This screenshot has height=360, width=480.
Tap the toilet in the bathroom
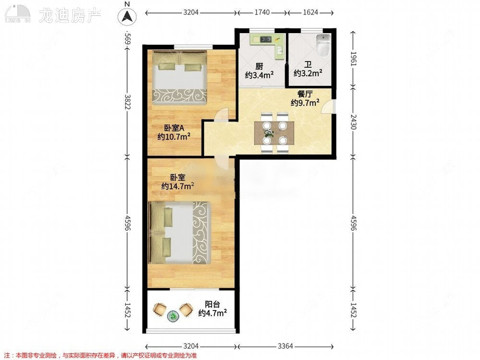[323, 45]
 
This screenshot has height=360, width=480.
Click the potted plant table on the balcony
[173, 315]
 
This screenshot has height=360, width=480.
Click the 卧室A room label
[174, 128]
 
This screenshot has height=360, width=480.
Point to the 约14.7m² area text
[178, 186]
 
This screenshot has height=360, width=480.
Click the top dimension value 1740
[262, 13]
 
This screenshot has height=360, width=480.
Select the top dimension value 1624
[311, 13]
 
